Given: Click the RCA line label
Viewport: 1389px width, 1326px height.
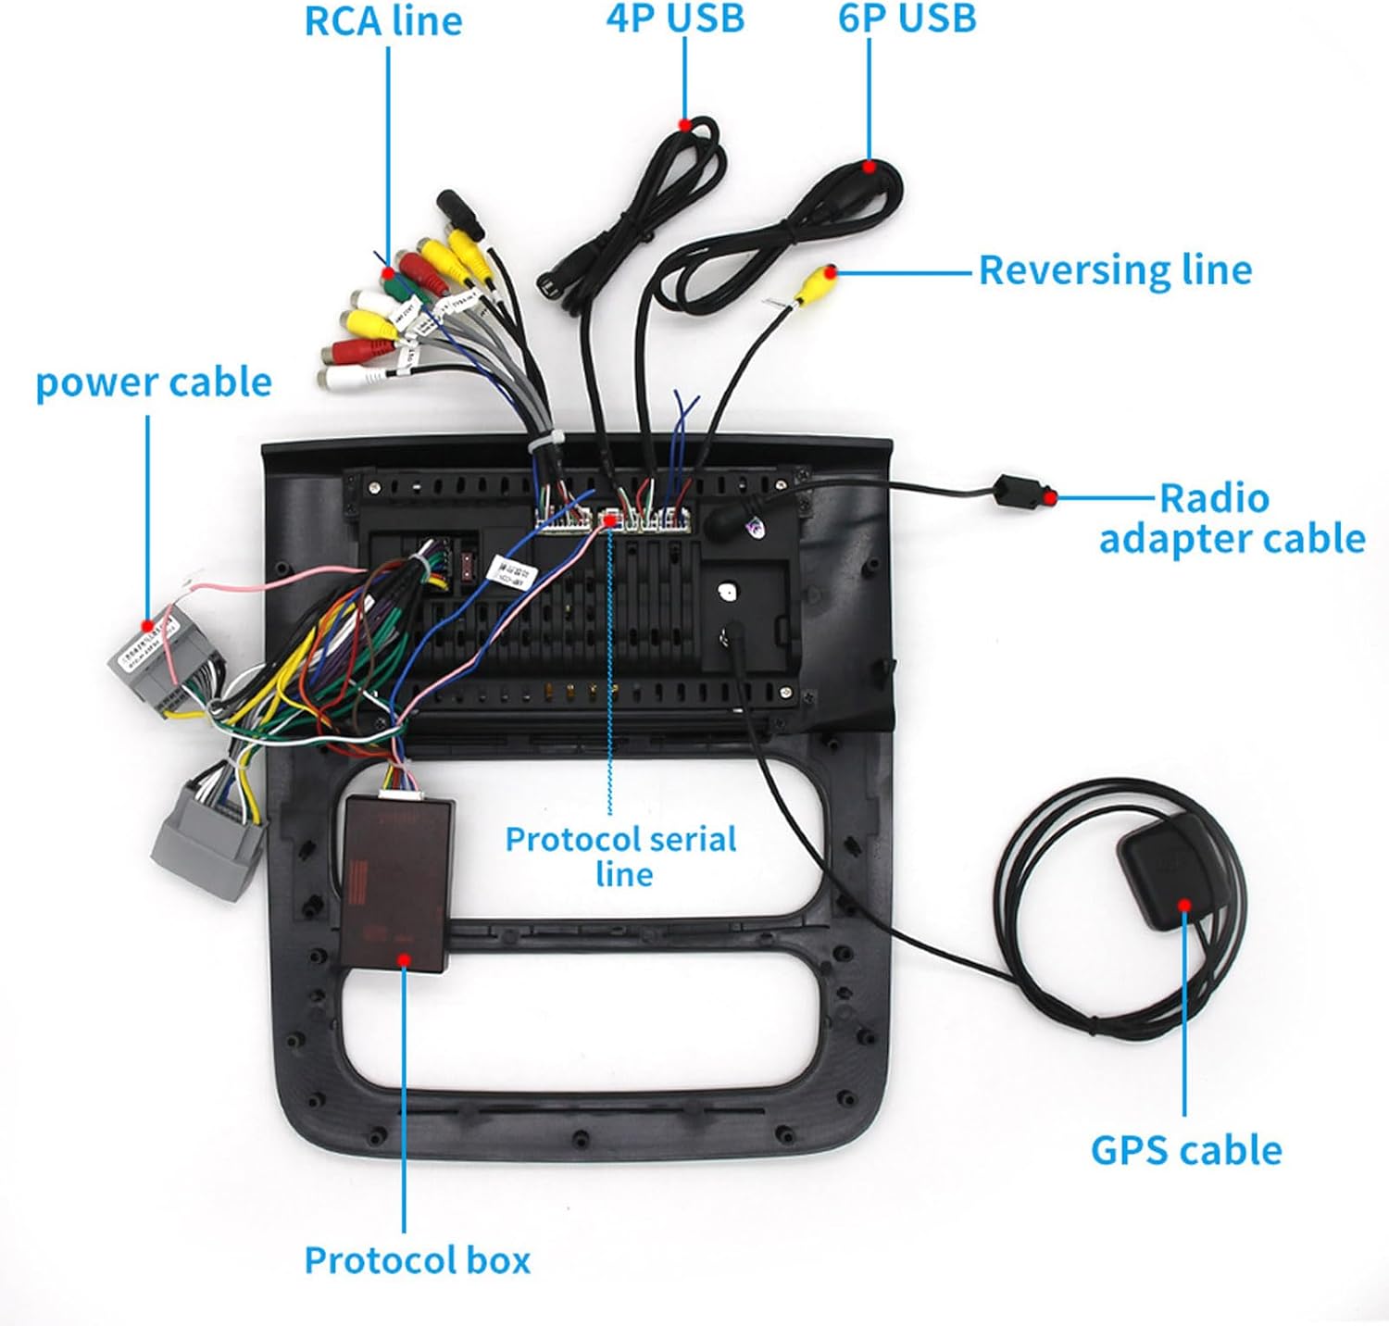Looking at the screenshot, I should coord(383,22).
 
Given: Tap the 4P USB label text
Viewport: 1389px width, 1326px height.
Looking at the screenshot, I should coord(676,19).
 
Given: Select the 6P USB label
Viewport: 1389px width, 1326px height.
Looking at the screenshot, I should coord(907,19).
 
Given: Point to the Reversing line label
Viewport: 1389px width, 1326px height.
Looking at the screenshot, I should coord(1115,270).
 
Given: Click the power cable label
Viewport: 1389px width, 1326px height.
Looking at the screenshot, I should coord(154,382).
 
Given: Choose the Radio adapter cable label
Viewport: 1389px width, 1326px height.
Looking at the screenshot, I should coord(1232,519).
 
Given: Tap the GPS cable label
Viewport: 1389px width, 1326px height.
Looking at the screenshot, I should coord(1186,1150).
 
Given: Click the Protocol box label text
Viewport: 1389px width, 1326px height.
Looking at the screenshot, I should coord(418,1260).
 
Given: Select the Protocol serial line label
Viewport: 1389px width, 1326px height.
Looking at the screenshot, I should coord(621,856).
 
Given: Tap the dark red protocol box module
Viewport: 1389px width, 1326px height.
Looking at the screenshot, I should coord(397,880).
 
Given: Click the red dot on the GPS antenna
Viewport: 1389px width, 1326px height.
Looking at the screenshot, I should coord(1183,906).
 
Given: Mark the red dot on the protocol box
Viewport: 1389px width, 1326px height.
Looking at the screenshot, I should coord(404,958).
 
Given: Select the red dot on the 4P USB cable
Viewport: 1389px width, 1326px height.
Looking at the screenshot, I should coord(684,124).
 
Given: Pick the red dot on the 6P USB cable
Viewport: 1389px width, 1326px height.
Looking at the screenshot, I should coord(870,168).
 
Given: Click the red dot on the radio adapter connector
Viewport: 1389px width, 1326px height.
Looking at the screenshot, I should coord(1049,497).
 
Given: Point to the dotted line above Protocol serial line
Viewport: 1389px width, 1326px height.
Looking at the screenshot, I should coord(610,667).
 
